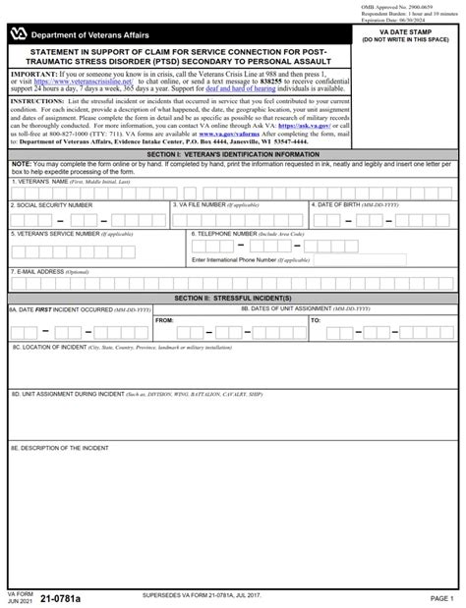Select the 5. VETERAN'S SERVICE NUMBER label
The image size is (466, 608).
point(68,234)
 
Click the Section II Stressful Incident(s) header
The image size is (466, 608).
point(233,298)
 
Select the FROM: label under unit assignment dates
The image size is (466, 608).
point(165,320)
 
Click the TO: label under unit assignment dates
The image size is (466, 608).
point(316,320)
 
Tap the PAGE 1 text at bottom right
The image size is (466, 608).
point(441,598)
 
